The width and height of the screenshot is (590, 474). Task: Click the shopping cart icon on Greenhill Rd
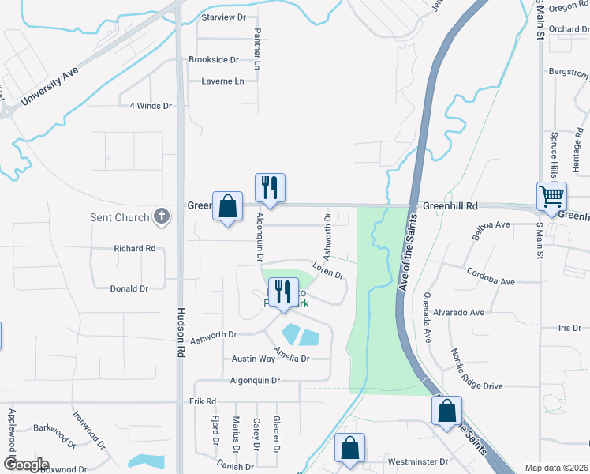[551, 195]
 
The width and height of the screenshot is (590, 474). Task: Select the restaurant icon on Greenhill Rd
[269, 187]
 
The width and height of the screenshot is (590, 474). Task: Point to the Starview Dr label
[223, 17]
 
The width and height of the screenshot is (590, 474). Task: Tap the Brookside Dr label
[213, 60]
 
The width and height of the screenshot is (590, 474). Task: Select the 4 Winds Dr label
[151, 105]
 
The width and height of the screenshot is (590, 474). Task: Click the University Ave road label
[48, 88]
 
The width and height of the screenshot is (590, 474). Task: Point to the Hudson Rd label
[180, 334]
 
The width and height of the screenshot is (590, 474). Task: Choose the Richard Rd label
[134, 248]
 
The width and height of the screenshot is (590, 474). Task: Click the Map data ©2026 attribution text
[556, 468]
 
